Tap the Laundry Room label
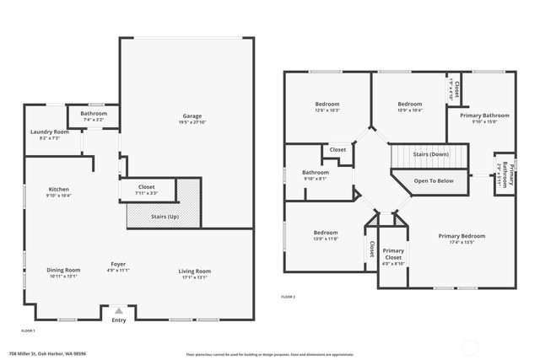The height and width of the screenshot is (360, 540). click(x=49, y=132)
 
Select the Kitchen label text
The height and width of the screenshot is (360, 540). click(x=59, y=190)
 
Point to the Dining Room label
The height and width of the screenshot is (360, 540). click(x=63, y=270)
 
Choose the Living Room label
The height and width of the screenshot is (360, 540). click(x=194, y=271)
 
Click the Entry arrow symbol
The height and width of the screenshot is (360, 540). click(x=118, y=310)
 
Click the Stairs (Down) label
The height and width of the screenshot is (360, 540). click(x=430, y=154)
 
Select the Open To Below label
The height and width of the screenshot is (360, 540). click(x=434, y=180)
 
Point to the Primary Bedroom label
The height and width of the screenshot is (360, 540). click(x=462, y=236)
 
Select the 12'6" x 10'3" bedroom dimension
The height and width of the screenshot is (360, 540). click(x=327, y=110)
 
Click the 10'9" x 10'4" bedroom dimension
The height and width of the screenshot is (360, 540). click(x=410, y=110)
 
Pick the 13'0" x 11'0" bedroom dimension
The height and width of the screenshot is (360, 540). click(x=326, y=239)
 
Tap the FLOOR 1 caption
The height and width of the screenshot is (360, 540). click(x=28, y=330)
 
